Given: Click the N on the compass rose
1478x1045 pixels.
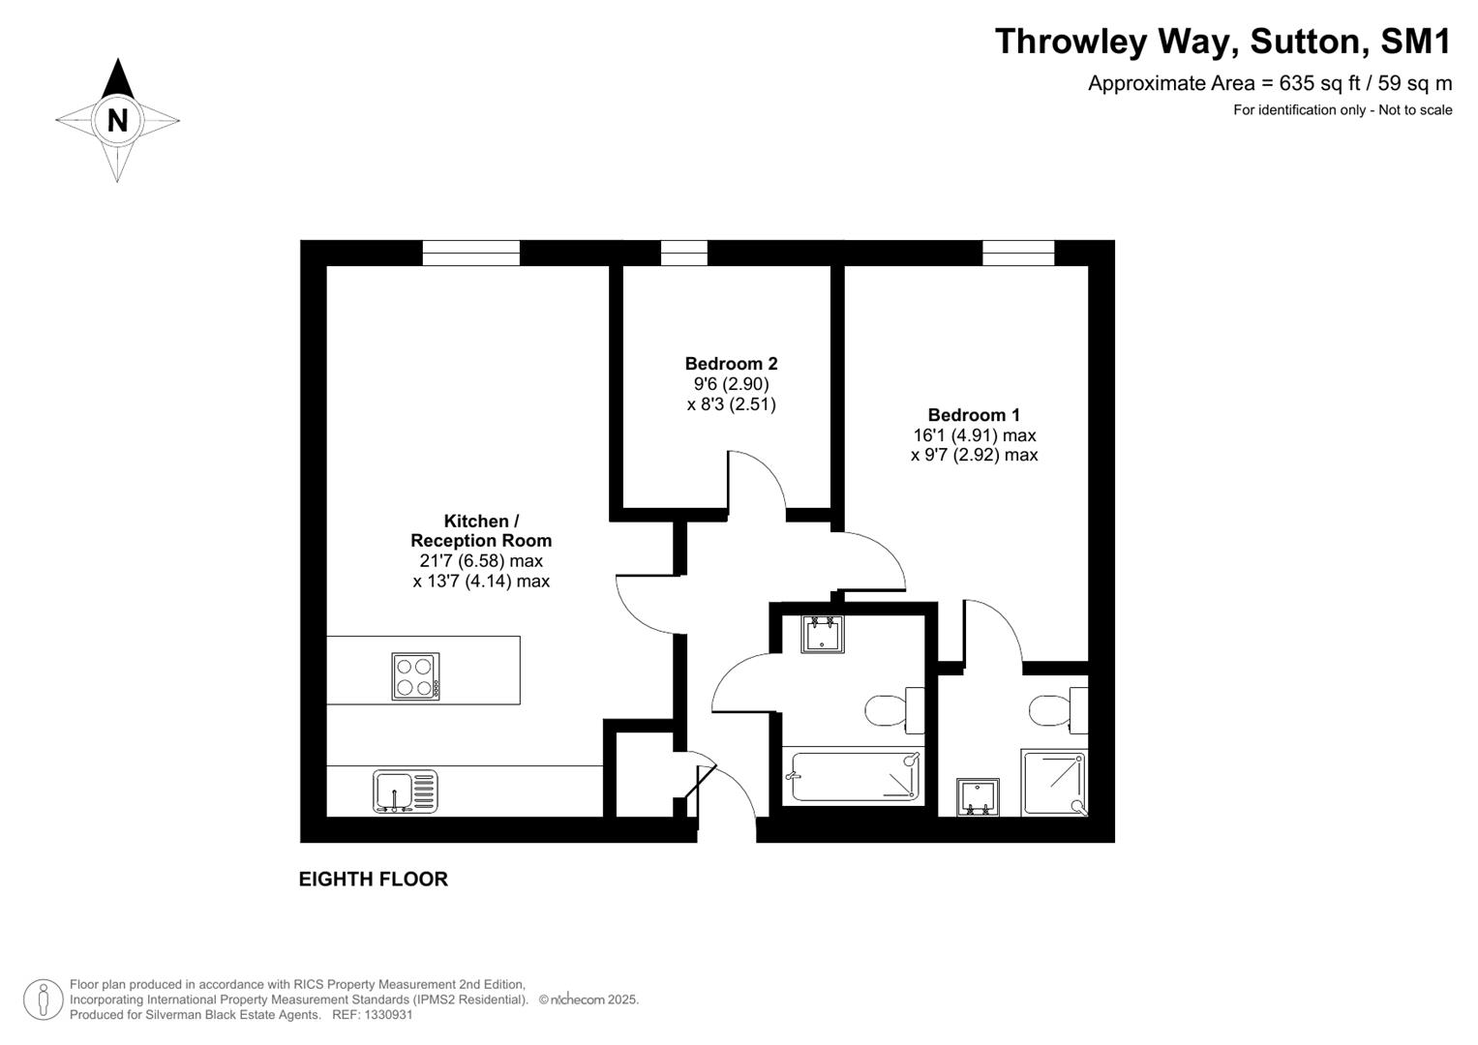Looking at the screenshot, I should pyautogui.click(x=117, y=120).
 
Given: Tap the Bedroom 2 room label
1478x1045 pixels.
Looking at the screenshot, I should pyautogui.click(x=731, y=364).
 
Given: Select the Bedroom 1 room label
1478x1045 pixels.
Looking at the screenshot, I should pyautogui.click(x=974, y=415).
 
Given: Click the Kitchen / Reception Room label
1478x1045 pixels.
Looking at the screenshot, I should pyautogui.click(x=481, y=531).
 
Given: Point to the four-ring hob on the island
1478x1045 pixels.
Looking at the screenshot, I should pyautogui.click(x=415, y=676).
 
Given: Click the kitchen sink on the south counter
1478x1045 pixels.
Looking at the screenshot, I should pyautogui.click(x=405, y=791).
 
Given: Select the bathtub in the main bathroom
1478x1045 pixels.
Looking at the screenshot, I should pyautogui.click(x=853, y=776).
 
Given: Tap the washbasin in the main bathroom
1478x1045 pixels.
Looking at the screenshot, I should pyautogui.click(x=822, y=634).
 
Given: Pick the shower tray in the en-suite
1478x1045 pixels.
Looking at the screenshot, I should pyautogui.click(x=1054, y=782).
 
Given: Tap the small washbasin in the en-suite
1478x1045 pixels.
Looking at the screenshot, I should pyautogui.click(x=977, y=796).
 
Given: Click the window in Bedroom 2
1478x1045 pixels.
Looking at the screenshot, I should pyautogui.click(x=683, y=253).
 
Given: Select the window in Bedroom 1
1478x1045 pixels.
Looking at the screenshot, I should pyautogui.click(x=1018, y=253).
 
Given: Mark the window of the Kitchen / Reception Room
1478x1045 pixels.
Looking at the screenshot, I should pyautogui.click(x=471, y=253).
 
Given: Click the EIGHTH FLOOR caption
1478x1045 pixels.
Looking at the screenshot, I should pyautogui.click(x=373, y=880).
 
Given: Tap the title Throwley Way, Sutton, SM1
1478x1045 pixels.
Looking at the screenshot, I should pyautogui.click(x=1222, y=42).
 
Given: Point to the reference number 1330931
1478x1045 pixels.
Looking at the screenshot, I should pyautogui.click(x=386, y=1015).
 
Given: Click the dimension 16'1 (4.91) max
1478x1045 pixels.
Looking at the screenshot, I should pyautogui.click(x=974, y=435).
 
